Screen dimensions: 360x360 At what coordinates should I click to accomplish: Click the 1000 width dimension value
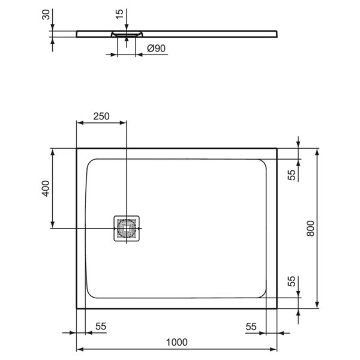tap(176, 342)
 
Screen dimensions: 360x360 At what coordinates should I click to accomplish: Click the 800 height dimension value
tap(310, 228)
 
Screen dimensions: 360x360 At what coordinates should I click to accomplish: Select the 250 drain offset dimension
tap(101, 116)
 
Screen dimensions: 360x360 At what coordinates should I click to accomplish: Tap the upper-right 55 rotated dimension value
tap(291, 175)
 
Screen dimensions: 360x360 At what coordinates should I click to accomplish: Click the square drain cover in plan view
tap(127, 228)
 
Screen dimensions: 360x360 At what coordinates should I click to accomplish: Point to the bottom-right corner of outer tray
tap(277, 308)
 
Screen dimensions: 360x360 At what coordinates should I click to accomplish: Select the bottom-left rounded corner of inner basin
tap(91, 294)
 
